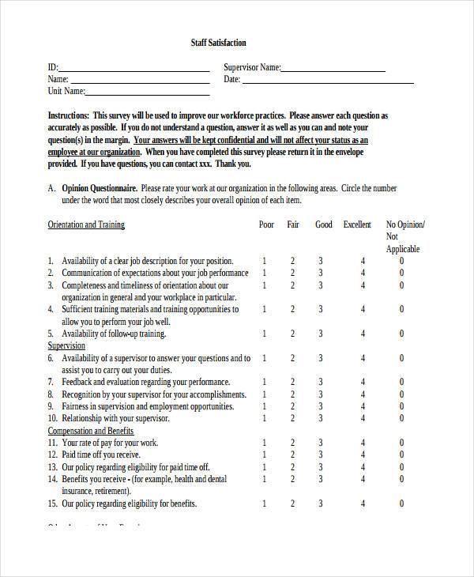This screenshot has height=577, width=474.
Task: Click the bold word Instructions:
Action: coord(68,115)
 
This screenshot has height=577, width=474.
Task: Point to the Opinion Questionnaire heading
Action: coord(99,189)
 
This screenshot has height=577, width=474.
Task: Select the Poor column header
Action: coord(266,225)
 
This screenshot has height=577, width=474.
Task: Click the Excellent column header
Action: coord(357,225)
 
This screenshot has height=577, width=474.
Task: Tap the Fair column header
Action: coord(292,225)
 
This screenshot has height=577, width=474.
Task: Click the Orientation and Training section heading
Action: coord(86,225)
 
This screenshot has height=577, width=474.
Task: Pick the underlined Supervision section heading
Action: coord(66,346)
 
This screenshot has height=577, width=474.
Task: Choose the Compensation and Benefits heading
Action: coord(90,431)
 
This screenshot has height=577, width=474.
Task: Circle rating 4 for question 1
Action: coord(363,261)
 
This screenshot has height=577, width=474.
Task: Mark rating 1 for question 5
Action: coord(265,334)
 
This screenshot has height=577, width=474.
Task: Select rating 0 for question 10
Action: coord(401,418)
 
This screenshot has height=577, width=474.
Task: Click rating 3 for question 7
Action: coord(320,382)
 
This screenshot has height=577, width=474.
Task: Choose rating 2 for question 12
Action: coord(292,454)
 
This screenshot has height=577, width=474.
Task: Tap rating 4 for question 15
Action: coord(363,503)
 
